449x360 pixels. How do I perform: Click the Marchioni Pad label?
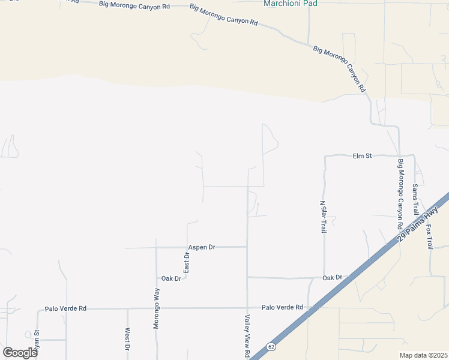291,4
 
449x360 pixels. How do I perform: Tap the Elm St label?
362,156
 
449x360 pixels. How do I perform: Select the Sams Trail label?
415,200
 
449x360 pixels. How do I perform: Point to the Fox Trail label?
429,238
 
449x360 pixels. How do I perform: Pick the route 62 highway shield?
271,347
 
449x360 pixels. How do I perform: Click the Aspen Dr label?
201,247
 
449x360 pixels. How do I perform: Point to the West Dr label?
128,339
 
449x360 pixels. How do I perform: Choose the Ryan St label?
37,341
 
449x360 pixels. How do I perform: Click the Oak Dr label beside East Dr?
171,278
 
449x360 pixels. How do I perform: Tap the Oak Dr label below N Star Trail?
332,277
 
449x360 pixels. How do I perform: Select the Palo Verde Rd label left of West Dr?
65,308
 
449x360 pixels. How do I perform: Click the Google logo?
20,352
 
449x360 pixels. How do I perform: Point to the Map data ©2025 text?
424,355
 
